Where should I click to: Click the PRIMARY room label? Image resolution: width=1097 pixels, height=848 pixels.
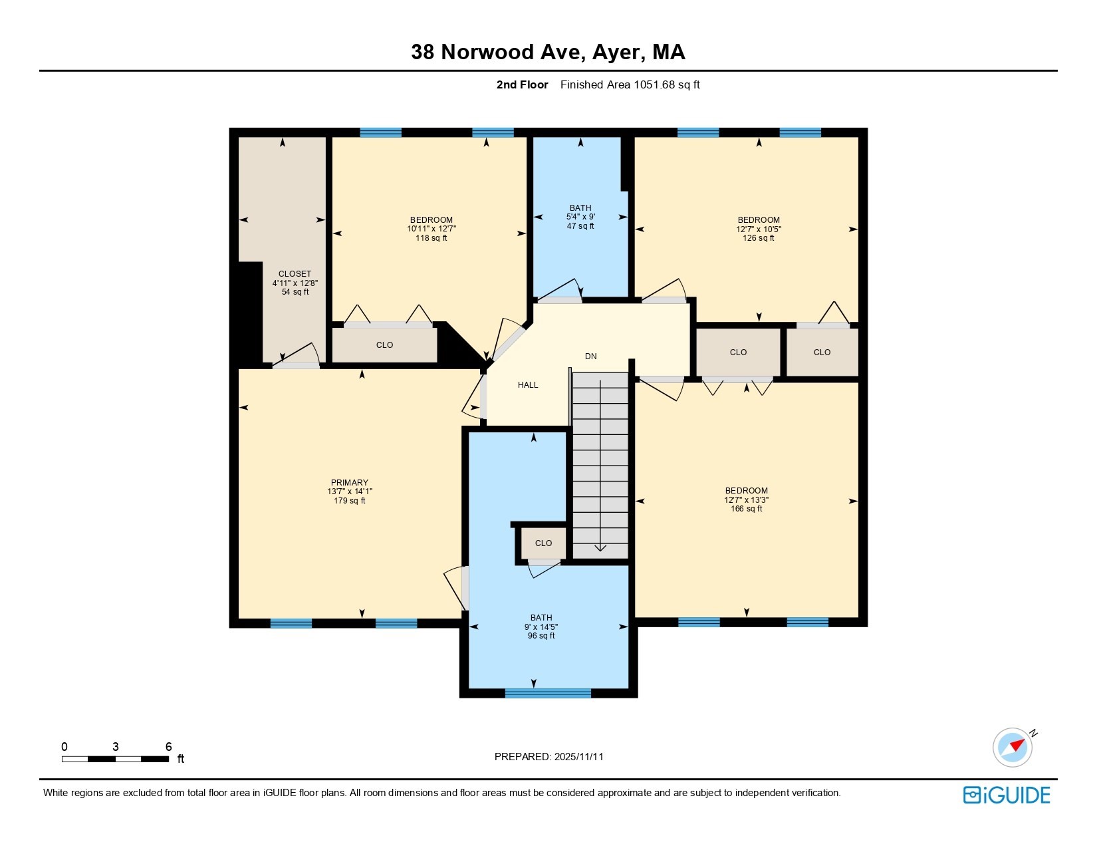350,483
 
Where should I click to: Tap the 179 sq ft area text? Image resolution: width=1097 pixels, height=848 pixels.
350,501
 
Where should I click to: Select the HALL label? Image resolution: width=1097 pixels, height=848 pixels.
528,385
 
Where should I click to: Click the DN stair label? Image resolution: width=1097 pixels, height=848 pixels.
590,356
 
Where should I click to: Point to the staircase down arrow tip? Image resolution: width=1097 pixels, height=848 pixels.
600,549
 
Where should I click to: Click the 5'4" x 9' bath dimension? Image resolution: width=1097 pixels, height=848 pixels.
580,217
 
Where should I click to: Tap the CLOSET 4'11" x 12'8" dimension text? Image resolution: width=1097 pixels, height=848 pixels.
295,283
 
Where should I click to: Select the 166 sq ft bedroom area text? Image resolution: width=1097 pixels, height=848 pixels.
746,509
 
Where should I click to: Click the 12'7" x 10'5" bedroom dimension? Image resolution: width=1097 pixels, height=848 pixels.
759,229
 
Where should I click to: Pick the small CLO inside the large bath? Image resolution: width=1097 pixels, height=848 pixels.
543,543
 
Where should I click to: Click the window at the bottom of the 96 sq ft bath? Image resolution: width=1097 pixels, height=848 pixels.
548,693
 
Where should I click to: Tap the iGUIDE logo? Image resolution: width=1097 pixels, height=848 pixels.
1007,795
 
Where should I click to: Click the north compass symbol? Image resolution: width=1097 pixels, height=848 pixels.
1013,747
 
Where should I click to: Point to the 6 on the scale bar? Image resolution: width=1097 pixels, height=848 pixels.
169,747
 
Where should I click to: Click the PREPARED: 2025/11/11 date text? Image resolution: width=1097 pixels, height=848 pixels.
549,757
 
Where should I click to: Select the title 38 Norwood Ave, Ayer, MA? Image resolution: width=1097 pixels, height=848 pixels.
548,52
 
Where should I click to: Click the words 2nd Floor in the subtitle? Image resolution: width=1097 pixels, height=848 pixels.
523,84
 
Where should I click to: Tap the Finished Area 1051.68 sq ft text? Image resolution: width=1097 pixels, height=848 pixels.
630,84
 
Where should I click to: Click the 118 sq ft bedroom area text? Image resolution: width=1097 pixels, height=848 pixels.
431,238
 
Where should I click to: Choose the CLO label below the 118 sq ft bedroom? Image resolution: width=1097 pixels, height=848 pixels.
384,345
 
